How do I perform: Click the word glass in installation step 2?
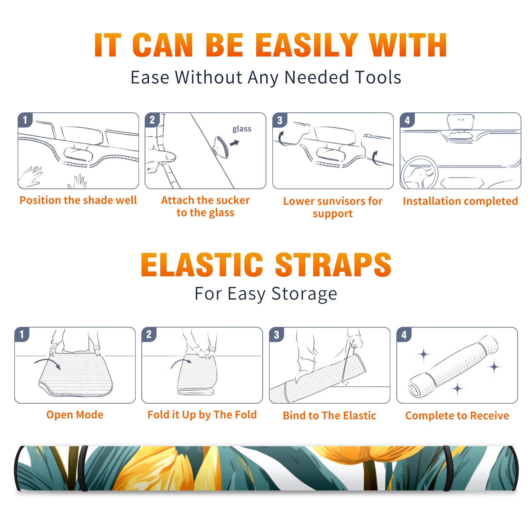coord(242,129)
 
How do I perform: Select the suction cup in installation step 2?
coord(221,147)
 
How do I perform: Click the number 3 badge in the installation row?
coord(280,120)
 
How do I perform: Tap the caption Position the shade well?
coord(78,200)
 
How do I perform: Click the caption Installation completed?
coord(460,201)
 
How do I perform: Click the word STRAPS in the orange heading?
coord(333,265)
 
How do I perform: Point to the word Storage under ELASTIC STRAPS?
coord(304,294)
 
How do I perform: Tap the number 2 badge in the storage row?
coord(149,334)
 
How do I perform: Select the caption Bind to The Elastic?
coord(330,416)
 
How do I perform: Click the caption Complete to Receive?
coord(457,416)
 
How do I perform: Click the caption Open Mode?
coord(75,415)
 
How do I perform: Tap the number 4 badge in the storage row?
coord(404,334)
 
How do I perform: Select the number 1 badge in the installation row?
coord(25,120)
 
